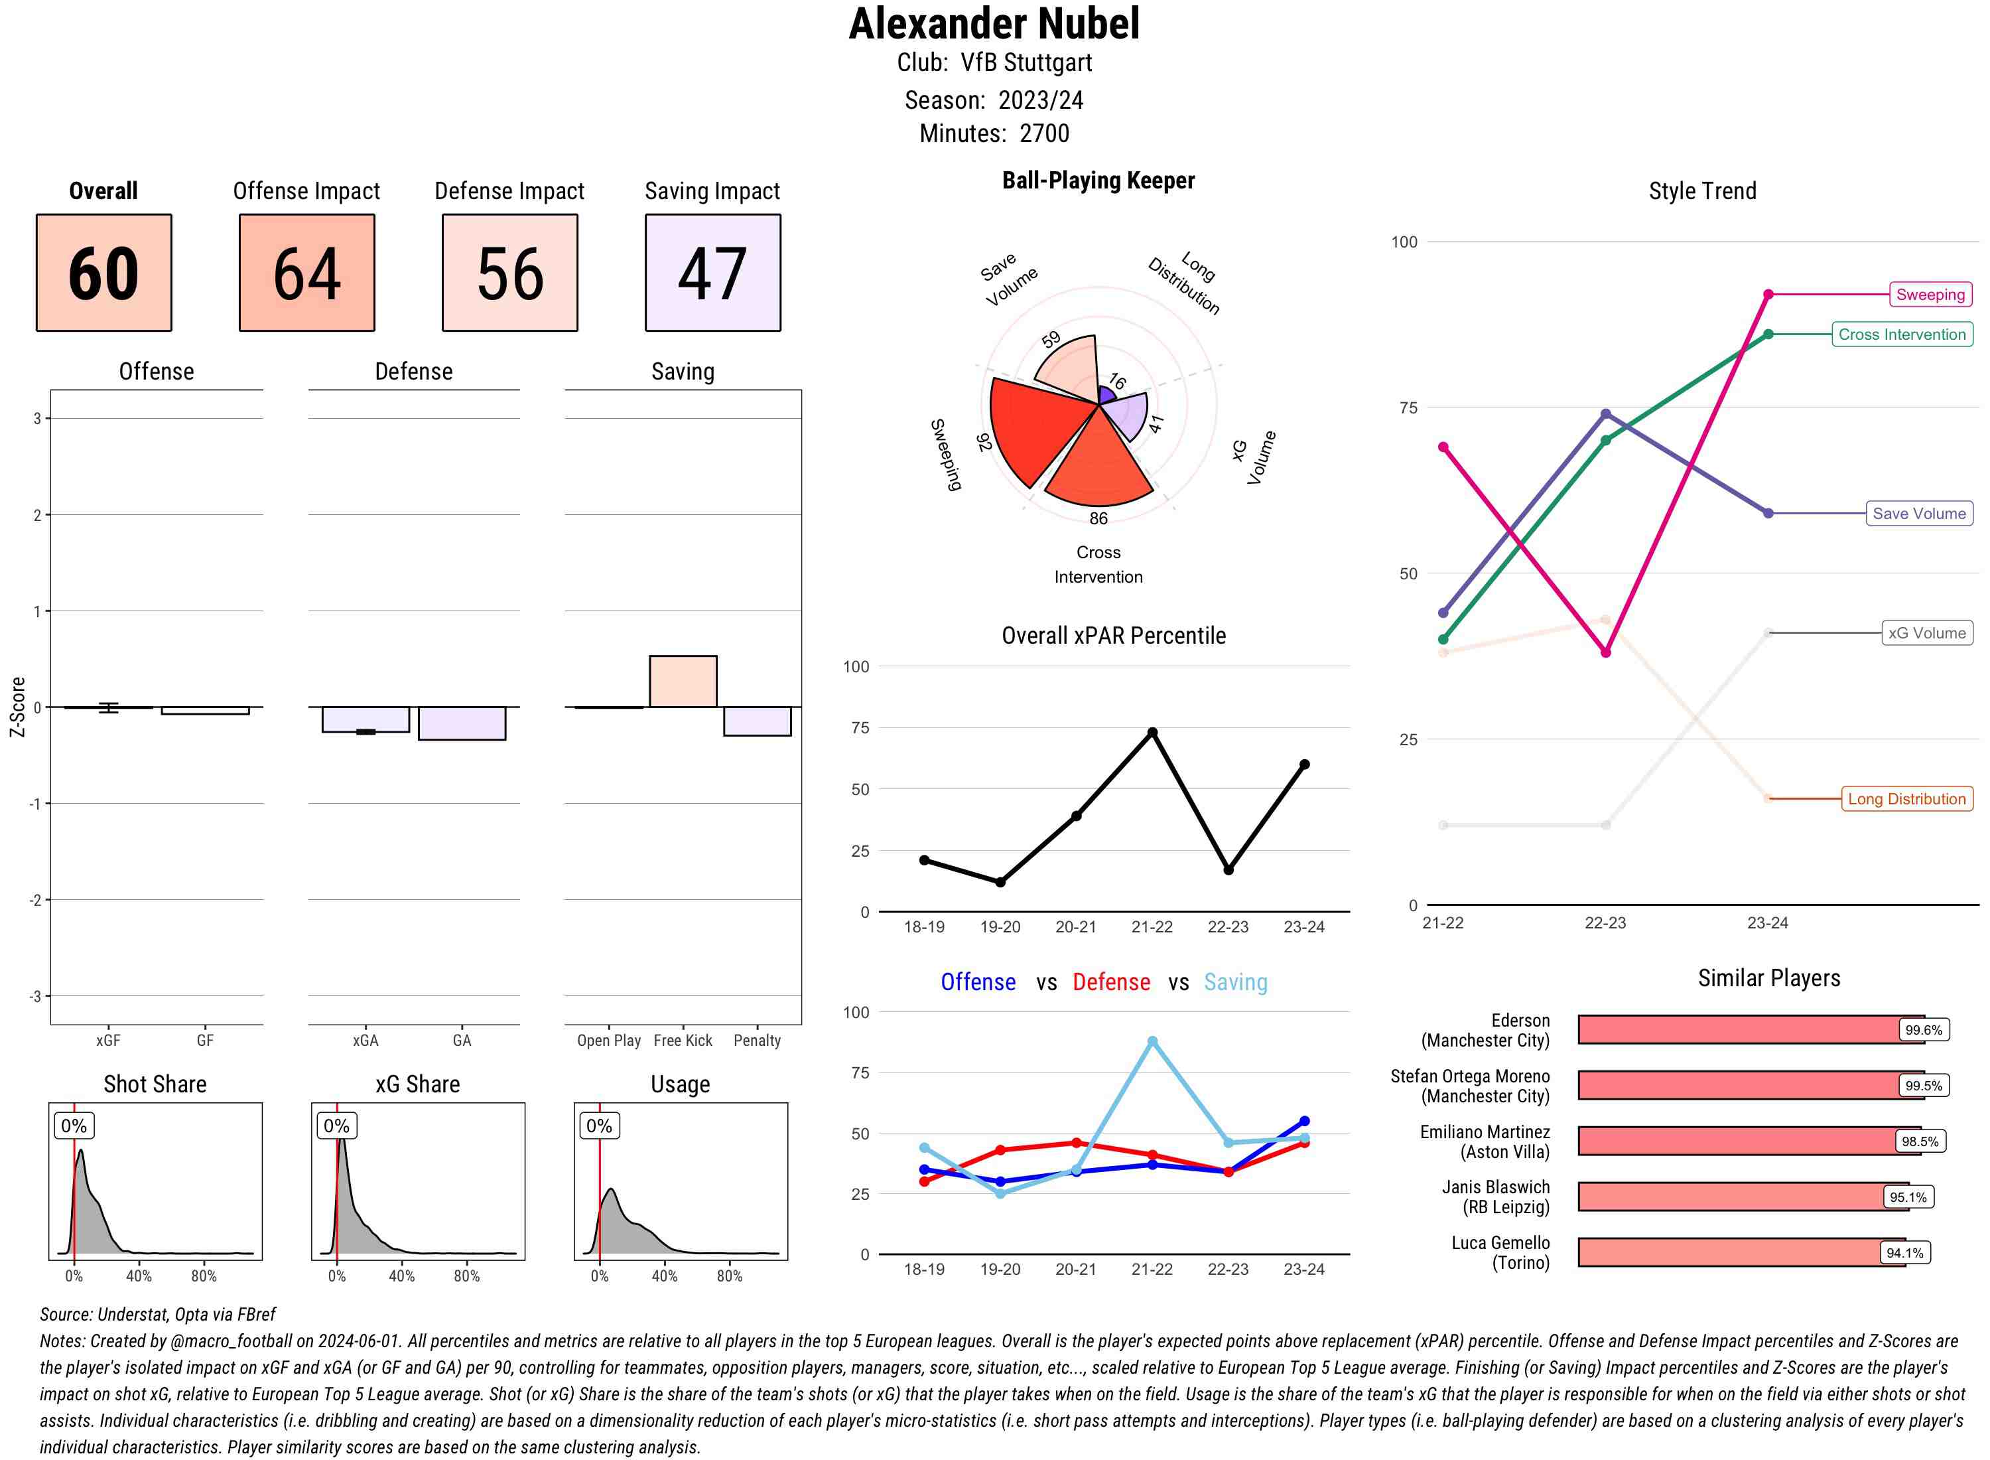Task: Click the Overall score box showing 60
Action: pyautogui.click(x=103, y=272)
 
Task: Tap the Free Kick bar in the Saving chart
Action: pyautogui.click(x=683, y=682)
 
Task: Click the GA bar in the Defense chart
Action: pyautogui.click(x=461, y=723)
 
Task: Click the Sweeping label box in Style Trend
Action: pyautogui.click(x=1929, y=294)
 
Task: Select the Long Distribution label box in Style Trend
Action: pyautogui.click(x=1906, y=799)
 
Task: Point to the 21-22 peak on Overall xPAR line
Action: pyautogui.click(x=1152, y=733)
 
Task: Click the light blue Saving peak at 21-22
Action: pyautogui.click(x=1152, y=1042)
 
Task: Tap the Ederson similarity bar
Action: pyautogui.click(x=1749, y=1029)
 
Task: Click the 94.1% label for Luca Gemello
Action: pyautogui.click(x=1904, y=1253)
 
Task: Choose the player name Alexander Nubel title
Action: pyautogui.click(x=994, y=24)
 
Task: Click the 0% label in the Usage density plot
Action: pyautogui.click(x=599, y=1126)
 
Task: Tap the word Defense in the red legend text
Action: pyautogui.click(x=1111, y=982)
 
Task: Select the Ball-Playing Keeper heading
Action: pyautogui.click(x=1098, y=181)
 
